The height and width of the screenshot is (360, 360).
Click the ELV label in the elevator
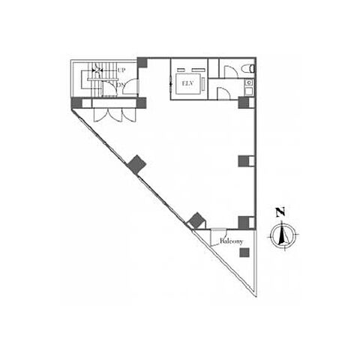click(x=188, y=84)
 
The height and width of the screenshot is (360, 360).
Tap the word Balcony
click(x=231, y=241)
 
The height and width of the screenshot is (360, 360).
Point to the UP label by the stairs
click(x=121, y=70)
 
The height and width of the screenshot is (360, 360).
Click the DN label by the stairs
click(x=121, y=85)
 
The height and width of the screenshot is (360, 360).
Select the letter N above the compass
click(x=280, y=212)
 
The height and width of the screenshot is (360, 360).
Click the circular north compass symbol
click(x=283, y=235)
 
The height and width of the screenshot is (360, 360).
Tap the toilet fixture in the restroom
click(x=248, y=68)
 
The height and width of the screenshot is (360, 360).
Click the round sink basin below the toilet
click(x=249, y=82)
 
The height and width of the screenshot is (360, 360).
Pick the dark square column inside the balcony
click(x=244, y=253)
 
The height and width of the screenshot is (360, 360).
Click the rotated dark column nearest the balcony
click(x=197, y=220)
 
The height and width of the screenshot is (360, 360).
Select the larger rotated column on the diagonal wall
click(x=136, y=164)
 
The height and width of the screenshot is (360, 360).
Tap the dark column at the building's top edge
click(x=142, y=62)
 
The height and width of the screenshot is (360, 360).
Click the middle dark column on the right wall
click(x=244, y=161)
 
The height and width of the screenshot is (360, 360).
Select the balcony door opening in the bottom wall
click(x=218, y=229)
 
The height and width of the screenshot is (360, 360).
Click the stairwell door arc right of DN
click(x=130, y=86)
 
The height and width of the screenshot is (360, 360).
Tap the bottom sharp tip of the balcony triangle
click(x=256, y=296)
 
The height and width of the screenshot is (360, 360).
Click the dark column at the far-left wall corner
click(x=76, y=103)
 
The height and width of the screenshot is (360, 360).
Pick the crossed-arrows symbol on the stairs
click(x=97, y=70)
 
